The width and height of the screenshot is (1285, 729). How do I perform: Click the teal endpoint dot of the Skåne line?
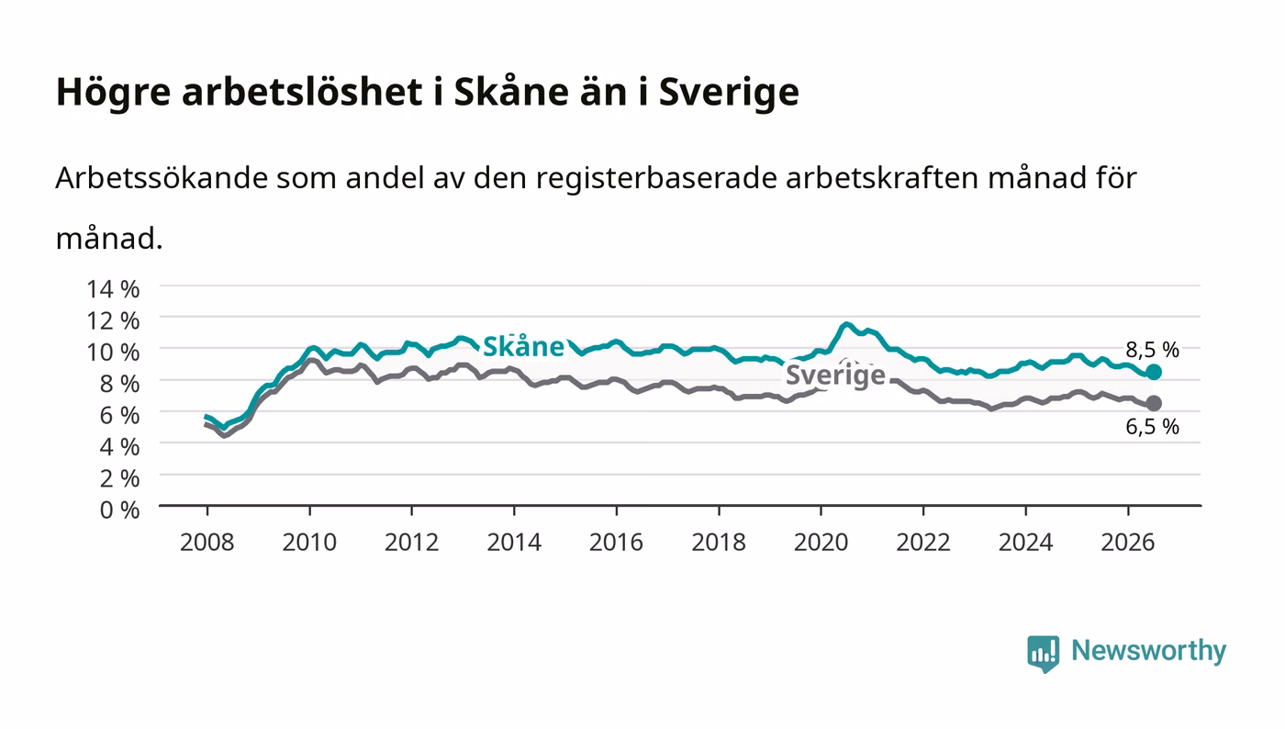pos(1153,372)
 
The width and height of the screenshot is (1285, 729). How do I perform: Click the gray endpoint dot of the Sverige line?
pos(1153,404)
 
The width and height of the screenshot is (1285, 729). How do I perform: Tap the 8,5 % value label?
pos(1152,350)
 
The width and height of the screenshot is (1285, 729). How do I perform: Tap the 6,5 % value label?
pos(1152,427)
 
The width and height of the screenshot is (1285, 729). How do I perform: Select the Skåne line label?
pos(524,346)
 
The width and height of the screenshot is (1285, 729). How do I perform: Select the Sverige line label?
pos(835,375)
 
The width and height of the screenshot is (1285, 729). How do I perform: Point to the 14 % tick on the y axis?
pos(113,288)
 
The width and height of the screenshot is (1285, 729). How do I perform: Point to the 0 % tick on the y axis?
pos(119,510)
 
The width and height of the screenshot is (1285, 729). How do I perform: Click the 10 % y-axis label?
pos(113,352)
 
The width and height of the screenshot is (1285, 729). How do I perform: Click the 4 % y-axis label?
pos(119,446)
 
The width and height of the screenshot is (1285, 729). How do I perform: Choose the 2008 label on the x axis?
pos(207,543)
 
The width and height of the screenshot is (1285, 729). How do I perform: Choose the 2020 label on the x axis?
pos(821,543)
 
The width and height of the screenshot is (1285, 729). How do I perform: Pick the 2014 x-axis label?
pos(514,543)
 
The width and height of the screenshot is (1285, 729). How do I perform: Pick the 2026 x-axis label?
pos(1128,543)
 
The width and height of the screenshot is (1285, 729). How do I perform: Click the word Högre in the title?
pos(113,93)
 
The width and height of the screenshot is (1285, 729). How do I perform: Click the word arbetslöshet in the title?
pos(302,92)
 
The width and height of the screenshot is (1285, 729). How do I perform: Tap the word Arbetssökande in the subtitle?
pos(162,178)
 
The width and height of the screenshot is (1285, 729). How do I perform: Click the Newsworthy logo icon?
pos(1043,654)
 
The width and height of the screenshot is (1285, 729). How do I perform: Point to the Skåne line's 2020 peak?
pos(846,324)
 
